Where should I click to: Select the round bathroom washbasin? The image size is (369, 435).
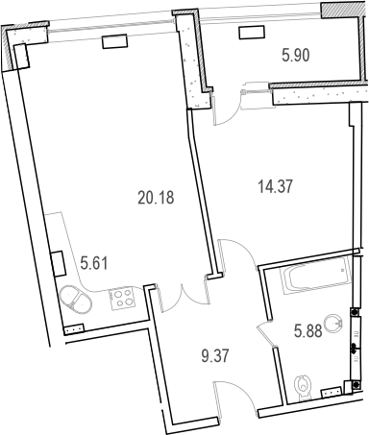[335, 324]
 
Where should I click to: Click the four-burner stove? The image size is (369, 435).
[123, 298]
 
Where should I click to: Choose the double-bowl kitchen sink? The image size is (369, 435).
[77, 300]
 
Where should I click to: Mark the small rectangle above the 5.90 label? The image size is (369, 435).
[252, 32]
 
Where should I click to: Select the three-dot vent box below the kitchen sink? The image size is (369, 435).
[73, 328]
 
